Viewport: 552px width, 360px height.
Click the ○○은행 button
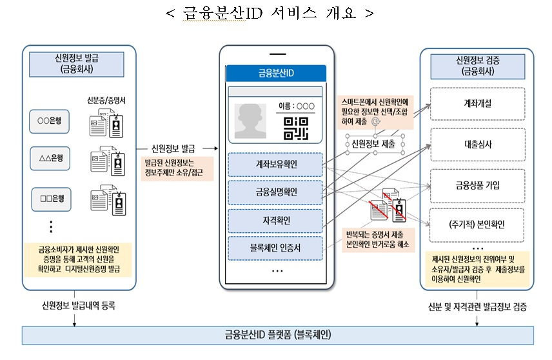click(x=49, y=121)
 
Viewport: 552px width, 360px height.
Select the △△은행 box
click(x=50, y=159)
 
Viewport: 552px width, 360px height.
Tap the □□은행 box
click(x=52, y=199)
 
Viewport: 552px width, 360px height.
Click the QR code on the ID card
click(x=296, y=128)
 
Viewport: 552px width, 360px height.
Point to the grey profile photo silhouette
click(x=250, y=121)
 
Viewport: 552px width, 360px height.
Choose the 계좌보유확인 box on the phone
click(x=275, y=165)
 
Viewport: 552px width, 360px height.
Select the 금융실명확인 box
click(x=275, y=192)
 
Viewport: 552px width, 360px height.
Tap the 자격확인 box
click(x=275, y=221)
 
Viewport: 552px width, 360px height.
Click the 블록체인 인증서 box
click(x=275, y=248)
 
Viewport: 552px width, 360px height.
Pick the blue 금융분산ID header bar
click(x=276, y=74)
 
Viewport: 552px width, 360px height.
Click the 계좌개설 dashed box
click(x=478, y=104)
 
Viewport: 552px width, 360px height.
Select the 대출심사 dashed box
click(x=478, y=145)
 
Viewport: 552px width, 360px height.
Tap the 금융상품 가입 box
click(x=478, y=186)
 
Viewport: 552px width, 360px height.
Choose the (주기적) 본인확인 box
click(x=477, y=225)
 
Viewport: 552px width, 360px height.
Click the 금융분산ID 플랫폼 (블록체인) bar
click(x=278, y=335)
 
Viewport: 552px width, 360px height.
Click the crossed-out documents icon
click(x=388, y=206)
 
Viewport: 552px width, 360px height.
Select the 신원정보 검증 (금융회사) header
click(x=478, y=66)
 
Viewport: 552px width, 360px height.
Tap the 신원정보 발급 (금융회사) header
click(x=77, y=64)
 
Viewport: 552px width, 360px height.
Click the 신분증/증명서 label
click(x=106, y=101)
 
